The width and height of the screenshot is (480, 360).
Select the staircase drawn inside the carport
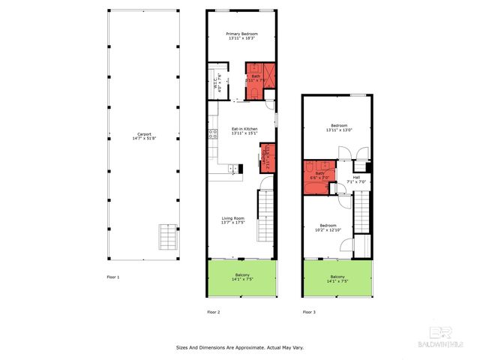pyautogui.click(x=166, y=238)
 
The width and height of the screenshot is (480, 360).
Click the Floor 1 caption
pyautogui.click(x=113, y=277)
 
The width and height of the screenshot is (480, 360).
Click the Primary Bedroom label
pyautogui.click(x=244, y=34)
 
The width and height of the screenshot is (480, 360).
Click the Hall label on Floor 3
pyautogui.click(x=356, y=177)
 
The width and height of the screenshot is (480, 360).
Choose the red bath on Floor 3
pyautogui.click(x=319, y=175)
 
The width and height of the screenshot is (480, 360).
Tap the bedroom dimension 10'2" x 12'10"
pyautogui.click(x=329, y=230)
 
